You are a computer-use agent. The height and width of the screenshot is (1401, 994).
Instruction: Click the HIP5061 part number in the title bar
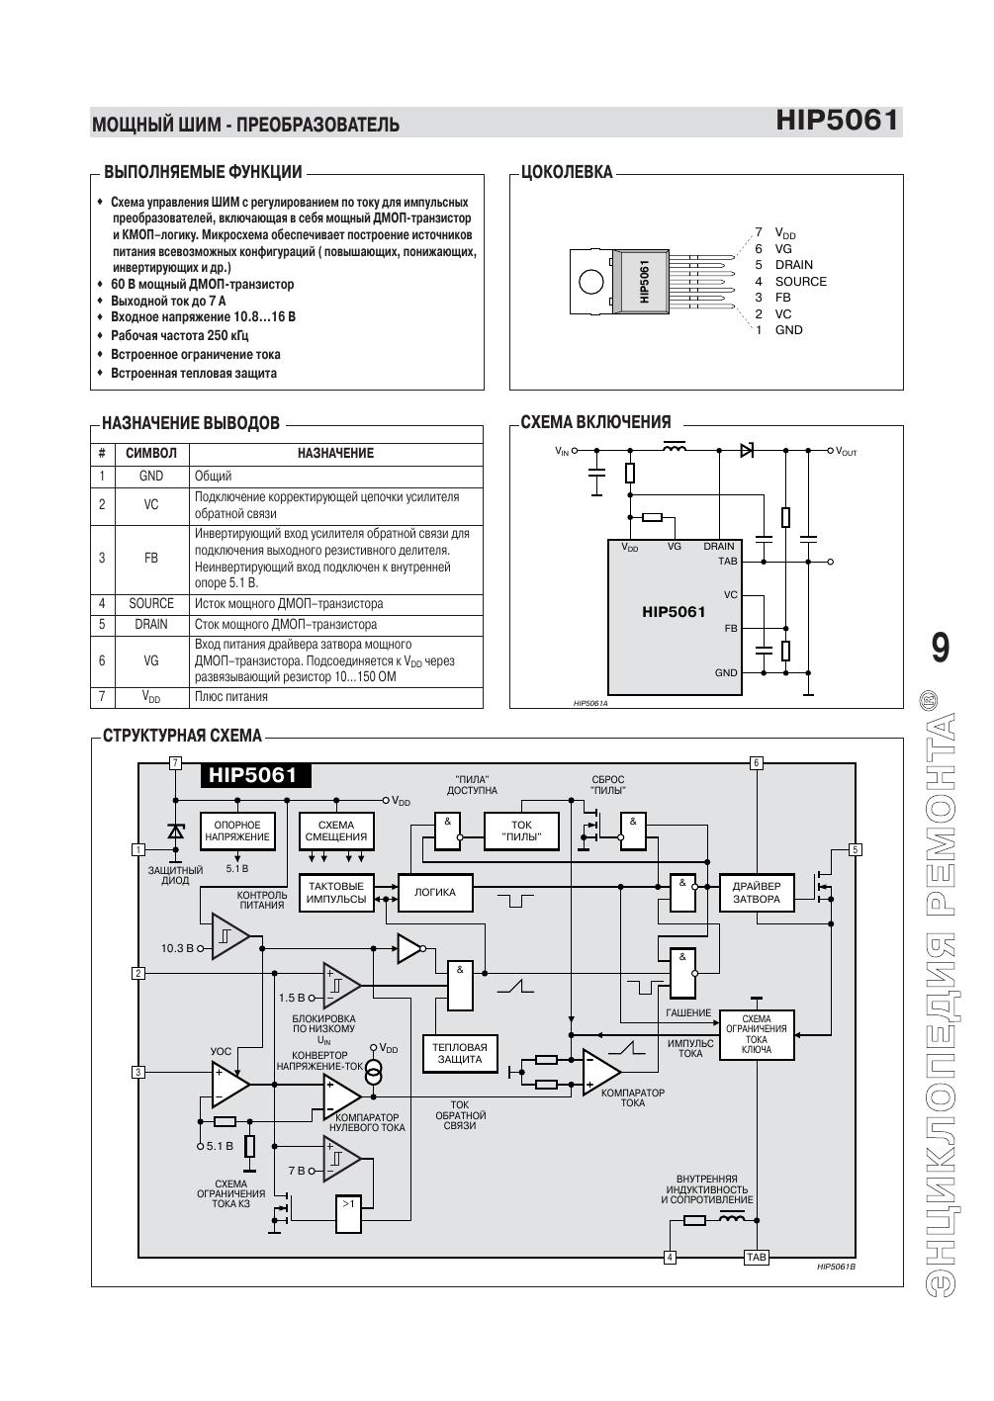pos(837,120)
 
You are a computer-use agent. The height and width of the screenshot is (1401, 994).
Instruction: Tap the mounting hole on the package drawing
pos(591,281)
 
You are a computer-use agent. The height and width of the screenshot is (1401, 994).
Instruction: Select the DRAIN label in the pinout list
pos(794,265)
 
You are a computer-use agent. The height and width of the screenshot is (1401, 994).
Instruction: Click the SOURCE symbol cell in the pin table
pos(151,603)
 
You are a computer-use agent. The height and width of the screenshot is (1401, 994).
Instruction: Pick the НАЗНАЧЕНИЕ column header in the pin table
pos(335,453)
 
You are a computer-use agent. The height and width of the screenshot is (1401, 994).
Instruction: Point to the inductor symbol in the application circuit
pos(674,447)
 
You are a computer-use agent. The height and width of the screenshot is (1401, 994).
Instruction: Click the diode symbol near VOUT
pos(747,450)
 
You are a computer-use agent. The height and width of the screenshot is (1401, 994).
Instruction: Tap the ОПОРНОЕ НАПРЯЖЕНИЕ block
pos(237,831)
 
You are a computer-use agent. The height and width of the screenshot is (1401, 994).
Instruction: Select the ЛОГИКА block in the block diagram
pos(435,892)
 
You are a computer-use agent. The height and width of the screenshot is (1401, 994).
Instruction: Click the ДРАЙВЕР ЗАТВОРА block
pos(757,893)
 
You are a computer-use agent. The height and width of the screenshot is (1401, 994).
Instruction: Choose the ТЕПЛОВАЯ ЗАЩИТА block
pos(460,1054)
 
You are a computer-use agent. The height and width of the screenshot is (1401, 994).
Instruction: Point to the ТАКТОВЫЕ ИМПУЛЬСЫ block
pos(336,893)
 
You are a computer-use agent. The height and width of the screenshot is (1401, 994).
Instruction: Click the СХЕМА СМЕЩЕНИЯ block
pos(336,831)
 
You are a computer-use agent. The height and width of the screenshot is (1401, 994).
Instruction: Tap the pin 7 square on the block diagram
pos(176,763)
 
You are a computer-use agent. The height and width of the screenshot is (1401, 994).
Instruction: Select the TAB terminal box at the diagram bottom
pos(757,1257)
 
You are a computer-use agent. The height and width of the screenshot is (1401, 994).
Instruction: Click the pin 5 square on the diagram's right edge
pos(856,849)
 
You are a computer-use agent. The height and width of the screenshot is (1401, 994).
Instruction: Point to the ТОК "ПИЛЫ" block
pos(521,831)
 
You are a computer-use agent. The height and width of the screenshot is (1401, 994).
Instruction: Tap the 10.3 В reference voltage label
pos(177,948)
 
